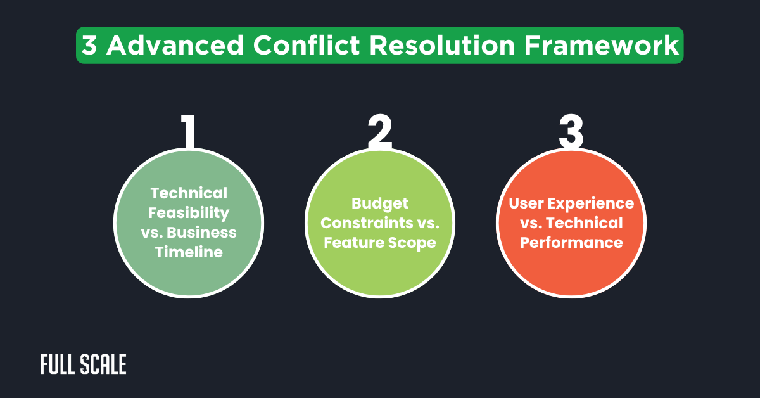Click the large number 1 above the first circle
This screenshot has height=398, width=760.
[188, 132]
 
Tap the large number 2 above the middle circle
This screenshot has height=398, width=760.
[380, 132]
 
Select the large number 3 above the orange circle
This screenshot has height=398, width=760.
[571, 132]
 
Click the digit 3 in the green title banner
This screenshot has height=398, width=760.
[89, 46]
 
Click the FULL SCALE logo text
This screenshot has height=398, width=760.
[84, 364]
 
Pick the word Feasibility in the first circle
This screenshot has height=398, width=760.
[188, 212]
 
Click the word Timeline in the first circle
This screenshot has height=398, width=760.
[188, 252]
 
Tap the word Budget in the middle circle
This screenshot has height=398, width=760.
[380, 203]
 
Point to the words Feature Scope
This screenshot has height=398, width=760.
[380, 243]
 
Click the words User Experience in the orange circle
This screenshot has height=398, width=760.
[571, 203]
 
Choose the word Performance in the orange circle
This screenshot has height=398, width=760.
[571, 243]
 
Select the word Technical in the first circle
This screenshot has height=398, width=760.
[188, 193]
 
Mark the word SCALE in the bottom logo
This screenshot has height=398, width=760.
[104, 364]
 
